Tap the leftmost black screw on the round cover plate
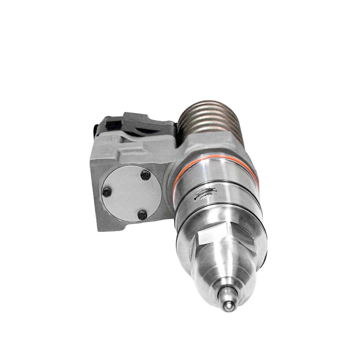pyautogui.click(x=107, y=191)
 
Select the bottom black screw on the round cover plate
pyautogui.click(x=142, y=215)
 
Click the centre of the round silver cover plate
pyautogui.click(x=131, y=194)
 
